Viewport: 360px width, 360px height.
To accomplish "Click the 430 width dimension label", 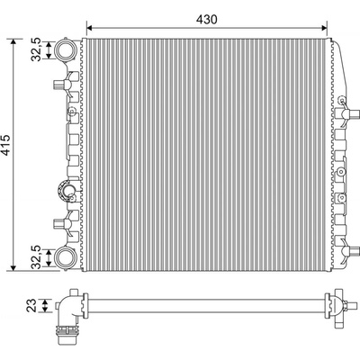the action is (206, 19).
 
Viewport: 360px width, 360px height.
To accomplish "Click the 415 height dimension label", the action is (5, 145).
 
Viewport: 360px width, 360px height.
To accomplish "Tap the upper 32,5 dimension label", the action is (36, 49).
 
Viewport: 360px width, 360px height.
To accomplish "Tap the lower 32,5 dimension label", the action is (36, 257).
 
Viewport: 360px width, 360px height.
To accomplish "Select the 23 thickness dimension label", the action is (31, 305).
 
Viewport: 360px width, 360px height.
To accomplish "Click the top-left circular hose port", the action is (65, 49).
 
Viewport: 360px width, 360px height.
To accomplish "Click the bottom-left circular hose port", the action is (65, 257).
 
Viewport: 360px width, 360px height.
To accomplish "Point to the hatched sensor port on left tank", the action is (67, 191).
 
